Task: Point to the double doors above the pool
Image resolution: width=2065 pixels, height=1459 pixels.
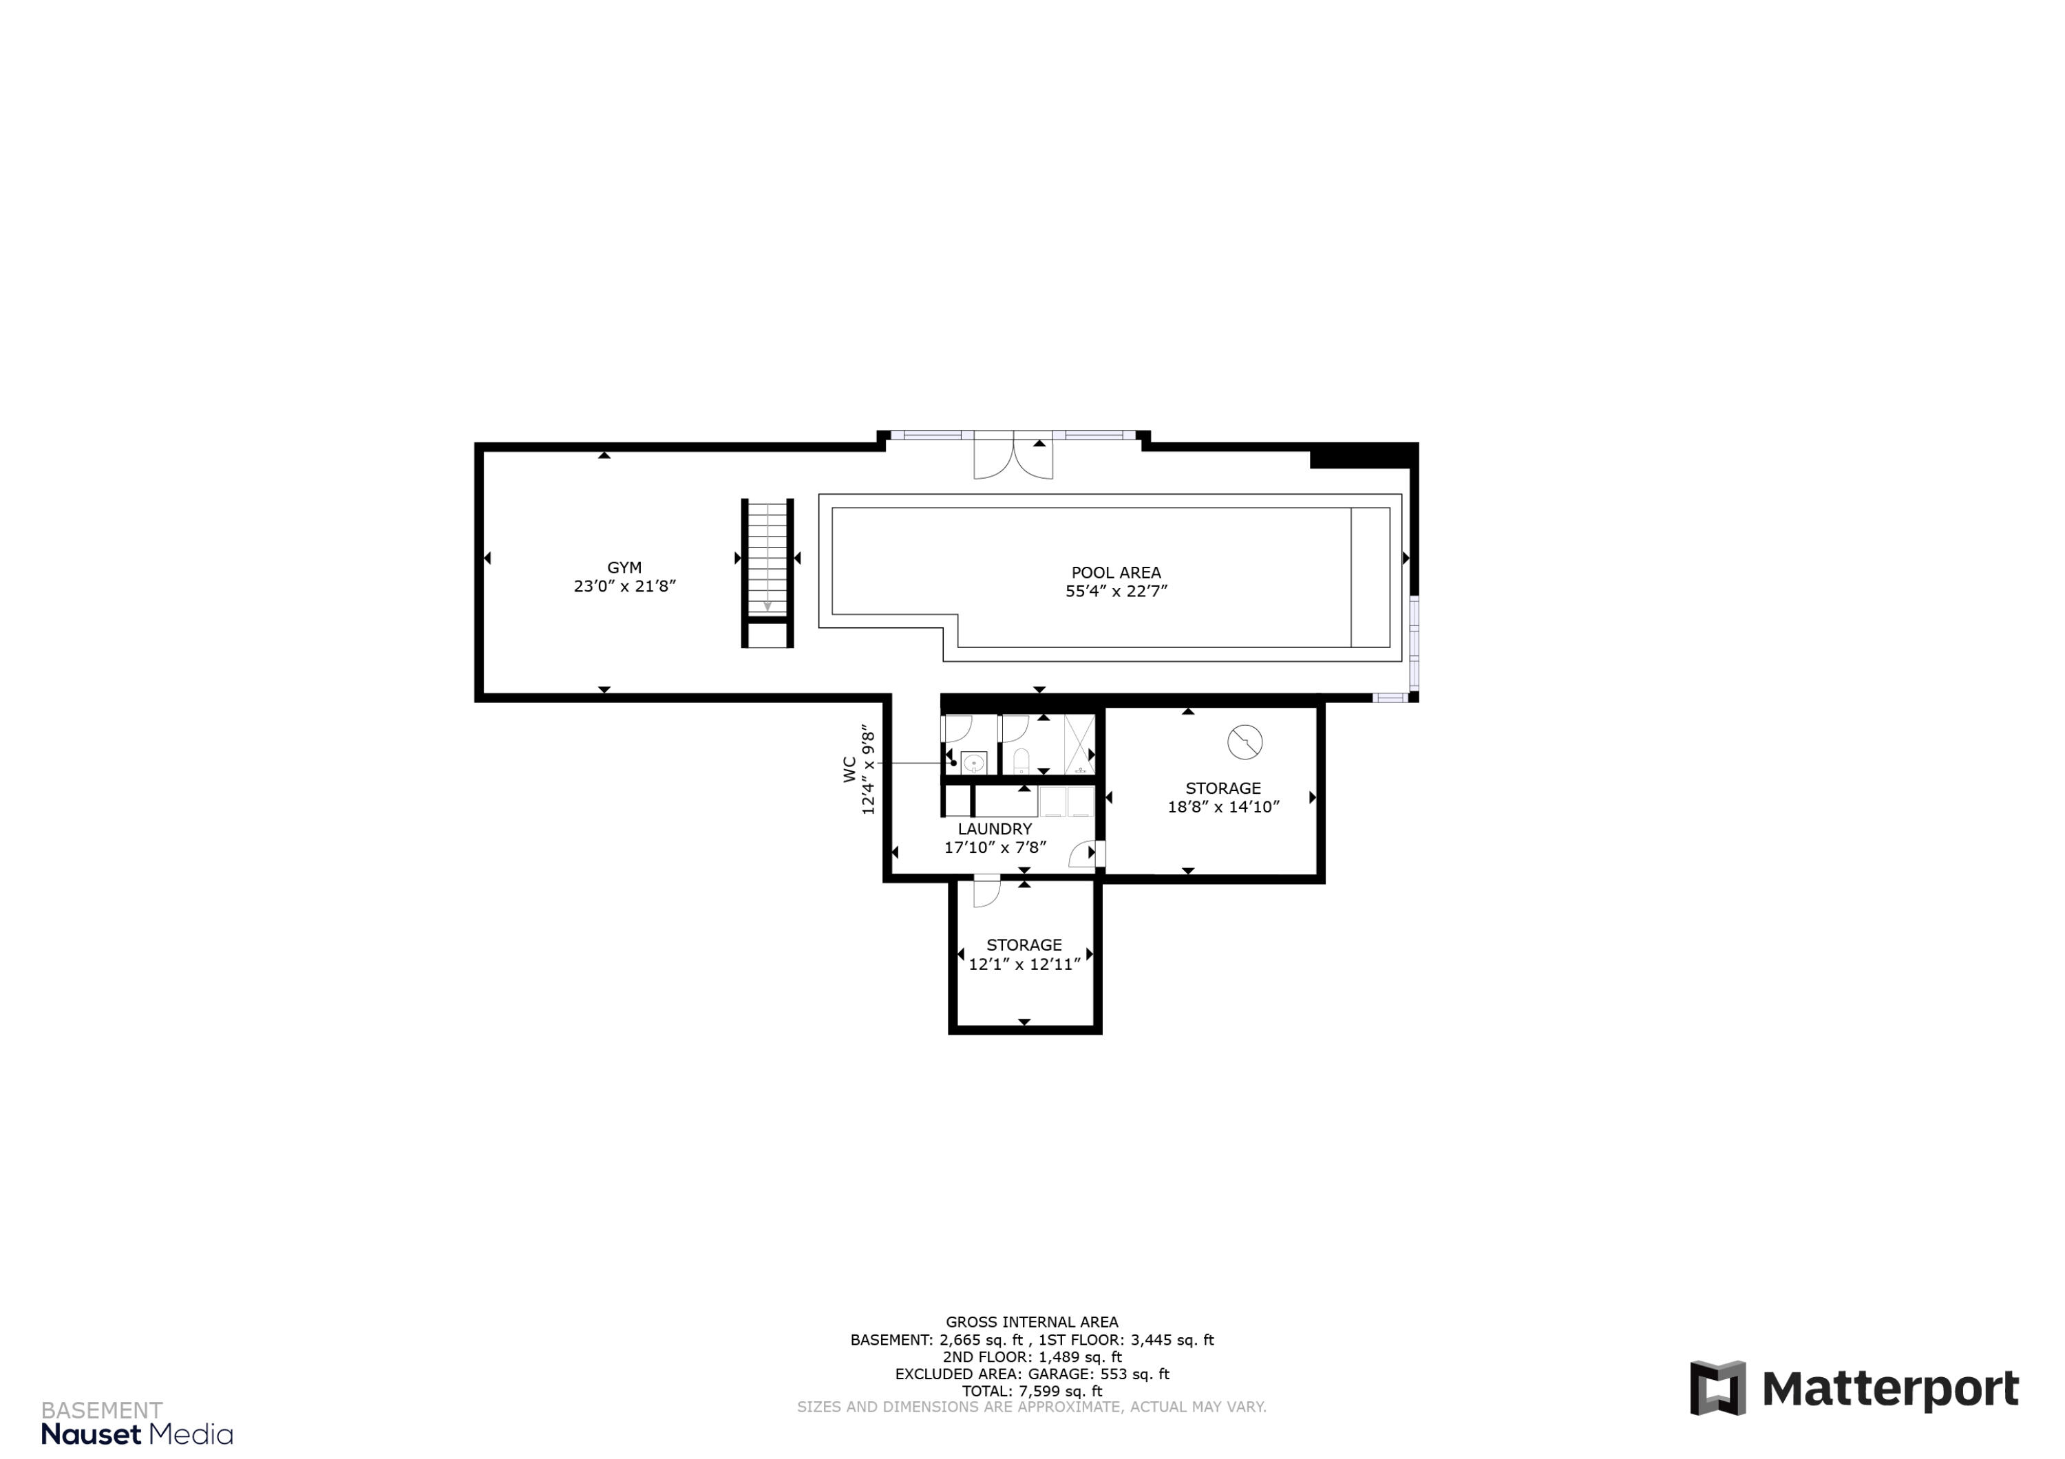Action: pyautogui.click(x=1013, y=457)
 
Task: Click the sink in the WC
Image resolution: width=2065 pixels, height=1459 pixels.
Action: pyautogui.click(x=973, y=764)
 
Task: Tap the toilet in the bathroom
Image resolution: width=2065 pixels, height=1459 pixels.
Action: pyautogui.click(x=1021, y=762)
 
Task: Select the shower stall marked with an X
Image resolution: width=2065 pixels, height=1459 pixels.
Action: pyautogui.click(x=1079, y=744)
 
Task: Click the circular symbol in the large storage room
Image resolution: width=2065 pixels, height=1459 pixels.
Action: pyautogui.click(x=1245, y=742)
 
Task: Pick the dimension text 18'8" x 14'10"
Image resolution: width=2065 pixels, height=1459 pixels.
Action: pyautogui.click(x=1223, y=808)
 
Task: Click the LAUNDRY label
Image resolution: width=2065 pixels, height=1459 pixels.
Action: pyautogui.click(x=995, y=829)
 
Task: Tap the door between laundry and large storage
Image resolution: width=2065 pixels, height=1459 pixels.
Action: pyautogui.click(x=1086, y=853)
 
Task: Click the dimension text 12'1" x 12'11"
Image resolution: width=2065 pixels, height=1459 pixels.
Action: pyautogui.click(x=1024, y=964)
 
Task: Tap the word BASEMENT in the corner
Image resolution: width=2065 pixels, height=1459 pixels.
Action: pyautogui.click(x=102, y=1409)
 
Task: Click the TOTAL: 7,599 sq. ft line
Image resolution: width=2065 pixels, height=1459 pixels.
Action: pyautogui.click(x=1032, y=1391)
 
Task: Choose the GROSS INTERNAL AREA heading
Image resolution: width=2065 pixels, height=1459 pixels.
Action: pyautogui.click(x=1032, y=1321)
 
